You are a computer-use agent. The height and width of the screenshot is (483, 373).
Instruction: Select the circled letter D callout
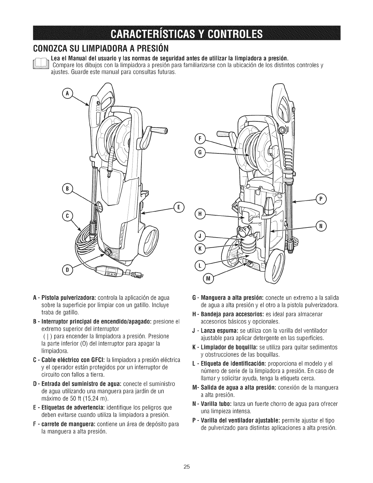pyautogui.click(x=67, y=270)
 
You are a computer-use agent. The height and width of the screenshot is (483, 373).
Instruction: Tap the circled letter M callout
pyautogui.click(x=208, y=278)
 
